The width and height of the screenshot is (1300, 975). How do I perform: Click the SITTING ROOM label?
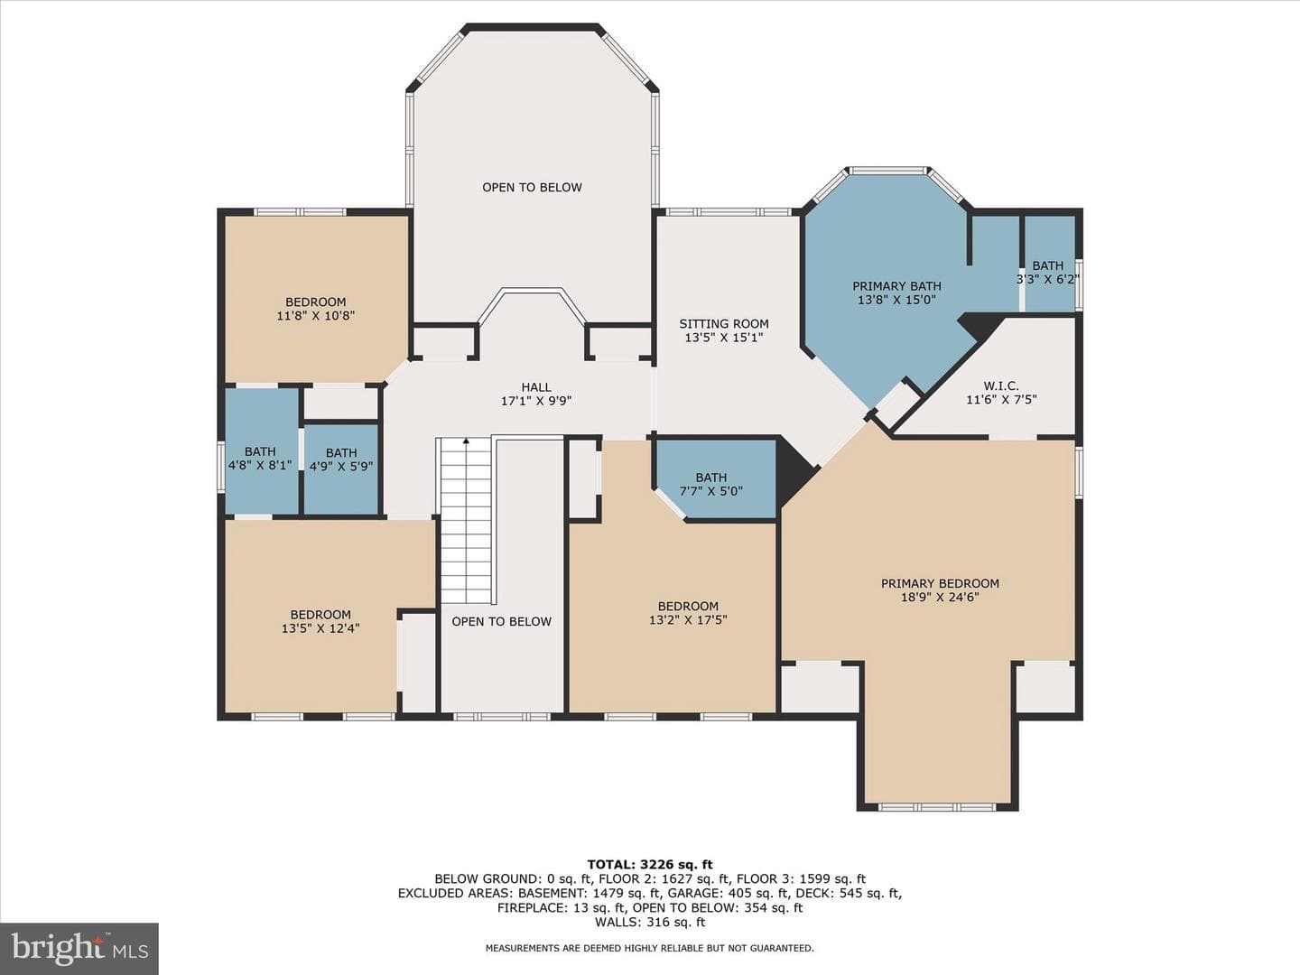tap(724, 324)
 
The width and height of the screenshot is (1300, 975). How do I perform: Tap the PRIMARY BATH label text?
tap(896, 286)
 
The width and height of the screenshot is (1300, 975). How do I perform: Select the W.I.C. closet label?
tap(1001, 386)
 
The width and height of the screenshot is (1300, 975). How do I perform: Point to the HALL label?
tap(536, 387)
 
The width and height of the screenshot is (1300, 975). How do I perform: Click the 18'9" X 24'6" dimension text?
tap(940, 597)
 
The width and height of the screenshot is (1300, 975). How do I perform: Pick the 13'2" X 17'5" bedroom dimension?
tap(688, 620)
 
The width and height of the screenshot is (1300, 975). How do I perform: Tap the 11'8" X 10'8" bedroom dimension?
tap(316, 316)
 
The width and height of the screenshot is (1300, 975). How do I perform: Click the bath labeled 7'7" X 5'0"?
tap(711, 484)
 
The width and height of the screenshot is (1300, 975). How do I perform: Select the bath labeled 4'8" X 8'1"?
tap(260, 459)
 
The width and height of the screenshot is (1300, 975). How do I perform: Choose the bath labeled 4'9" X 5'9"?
tap(341, 460)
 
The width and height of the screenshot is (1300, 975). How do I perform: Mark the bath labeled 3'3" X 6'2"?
tap(1048, 273)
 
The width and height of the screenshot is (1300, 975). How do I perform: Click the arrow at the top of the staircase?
tap(466, 441)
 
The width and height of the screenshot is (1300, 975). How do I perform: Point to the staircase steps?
tap(466, 521)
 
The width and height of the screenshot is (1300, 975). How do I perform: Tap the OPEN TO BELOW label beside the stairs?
tap(502, 622)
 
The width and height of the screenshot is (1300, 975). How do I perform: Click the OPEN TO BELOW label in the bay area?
tap(532, 188)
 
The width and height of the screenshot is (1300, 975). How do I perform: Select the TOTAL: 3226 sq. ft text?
tap(650, 865)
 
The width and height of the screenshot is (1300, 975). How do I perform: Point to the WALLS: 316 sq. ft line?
tap(650, 922)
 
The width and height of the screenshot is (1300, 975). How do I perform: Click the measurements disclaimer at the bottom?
tap(650, 948)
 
